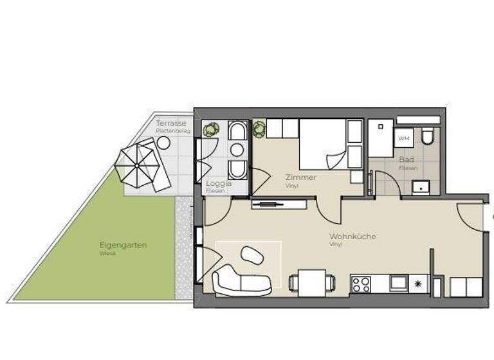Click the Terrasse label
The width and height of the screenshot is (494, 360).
point(171,123)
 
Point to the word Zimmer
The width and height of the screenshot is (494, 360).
point(301,177)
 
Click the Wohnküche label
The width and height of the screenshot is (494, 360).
point(352,237)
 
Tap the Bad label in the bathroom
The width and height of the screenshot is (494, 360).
point(406,159)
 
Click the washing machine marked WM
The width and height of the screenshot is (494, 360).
point(404,138)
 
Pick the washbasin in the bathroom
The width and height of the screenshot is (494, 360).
point(423,187)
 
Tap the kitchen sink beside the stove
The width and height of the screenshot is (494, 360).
point(399,282)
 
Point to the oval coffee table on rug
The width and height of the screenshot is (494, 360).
point(252,255)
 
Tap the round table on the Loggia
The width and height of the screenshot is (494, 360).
point(237,150)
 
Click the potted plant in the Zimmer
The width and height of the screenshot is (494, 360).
point(259,128)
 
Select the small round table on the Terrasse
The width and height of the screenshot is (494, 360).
point(164,143)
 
